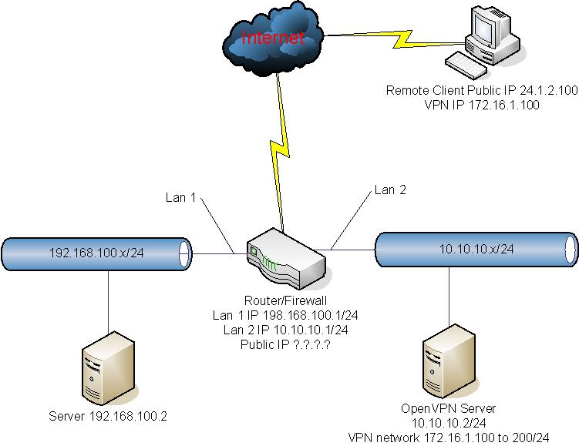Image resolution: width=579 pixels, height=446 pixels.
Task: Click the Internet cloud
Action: pyautogui.click(x=271, y=36)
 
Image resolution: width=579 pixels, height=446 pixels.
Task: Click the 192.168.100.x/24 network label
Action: pyautogui.click(x=86, y=252)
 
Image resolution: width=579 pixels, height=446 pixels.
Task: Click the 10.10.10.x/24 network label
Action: pyautogui.click(x=475, y=248)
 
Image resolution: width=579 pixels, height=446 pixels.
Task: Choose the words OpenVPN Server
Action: pyautogui.click(x=448, y=407)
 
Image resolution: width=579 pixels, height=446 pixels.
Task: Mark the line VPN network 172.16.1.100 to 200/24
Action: pyautogui.click(x=448, y=437)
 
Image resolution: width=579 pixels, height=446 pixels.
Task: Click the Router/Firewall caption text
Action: pyautogui.click(x=284, y=302)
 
